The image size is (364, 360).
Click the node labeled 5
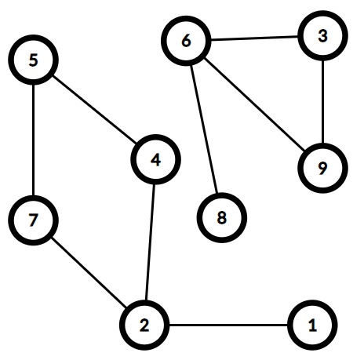click(x=33, y=60)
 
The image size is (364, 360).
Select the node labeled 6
click(x=186, y=41)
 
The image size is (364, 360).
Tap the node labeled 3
click(x=323, y=35)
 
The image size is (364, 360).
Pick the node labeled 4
click(x=156, y=159)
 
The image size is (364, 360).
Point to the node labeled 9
click(x=323, y=168)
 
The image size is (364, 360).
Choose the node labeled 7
click(x=33, y=220)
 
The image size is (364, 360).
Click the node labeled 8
click(x=221, y=217)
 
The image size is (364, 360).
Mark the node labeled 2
click(x=144, y=325)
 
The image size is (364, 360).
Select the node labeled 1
click(x=312, y=325)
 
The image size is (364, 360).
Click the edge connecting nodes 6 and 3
click(x=254, y=38)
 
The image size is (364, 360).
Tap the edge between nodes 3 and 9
click(x=323, y=102)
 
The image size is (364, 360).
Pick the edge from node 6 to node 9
click(x=254, y=104)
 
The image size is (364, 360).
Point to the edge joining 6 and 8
click(x=204, y=129)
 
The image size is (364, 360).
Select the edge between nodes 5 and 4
click(x=95, y=110)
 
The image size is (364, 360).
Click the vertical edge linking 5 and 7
click(x=33, y=140)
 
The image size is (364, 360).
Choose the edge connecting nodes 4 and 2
click(x=151, y=242)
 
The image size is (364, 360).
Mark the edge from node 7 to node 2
click(x=89, y=273)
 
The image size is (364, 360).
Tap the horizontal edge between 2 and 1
click(x=228, y=325)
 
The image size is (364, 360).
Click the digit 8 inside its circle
click(x=221, y=218)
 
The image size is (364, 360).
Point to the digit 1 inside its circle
click(x=312, y=325)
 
